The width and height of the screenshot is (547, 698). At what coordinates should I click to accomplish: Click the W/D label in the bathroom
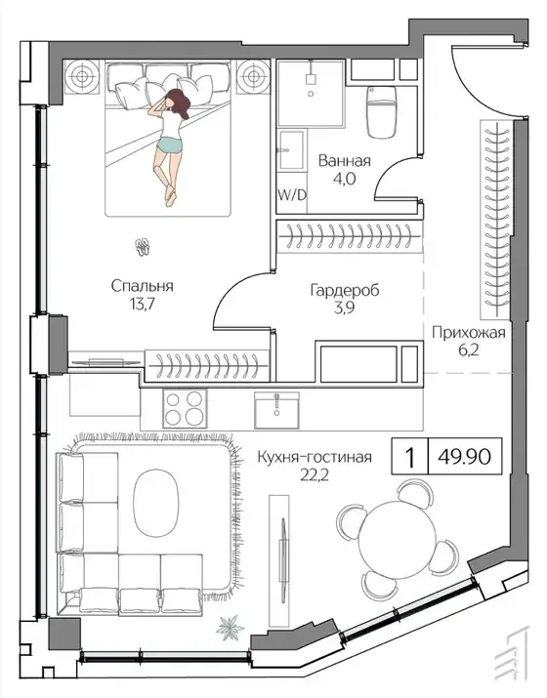pos(292,195)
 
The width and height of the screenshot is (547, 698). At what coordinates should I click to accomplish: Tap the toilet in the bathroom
pos(381,111)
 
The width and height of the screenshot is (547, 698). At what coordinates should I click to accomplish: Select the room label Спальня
pos(142,286)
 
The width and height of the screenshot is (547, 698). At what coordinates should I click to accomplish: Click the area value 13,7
pos(142,305)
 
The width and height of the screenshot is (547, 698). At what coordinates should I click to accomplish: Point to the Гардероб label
pos(345,290)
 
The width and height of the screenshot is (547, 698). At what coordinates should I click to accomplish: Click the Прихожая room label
pos(468,333)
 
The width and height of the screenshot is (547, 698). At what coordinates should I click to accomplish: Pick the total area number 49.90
pos(465,456)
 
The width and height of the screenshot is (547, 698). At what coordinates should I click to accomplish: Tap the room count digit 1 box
pos(410,456)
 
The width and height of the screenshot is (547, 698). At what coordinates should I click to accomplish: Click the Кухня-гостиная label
pos(315,457)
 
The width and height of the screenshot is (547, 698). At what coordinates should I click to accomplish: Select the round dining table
pos(398,539)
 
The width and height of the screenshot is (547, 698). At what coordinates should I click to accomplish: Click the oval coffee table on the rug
pos(156,503)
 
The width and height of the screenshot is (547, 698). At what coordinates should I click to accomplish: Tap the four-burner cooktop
pos(185,409)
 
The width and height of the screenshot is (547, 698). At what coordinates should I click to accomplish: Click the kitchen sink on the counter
pos(276,410)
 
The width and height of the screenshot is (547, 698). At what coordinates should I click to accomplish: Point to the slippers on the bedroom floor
pos(143,247)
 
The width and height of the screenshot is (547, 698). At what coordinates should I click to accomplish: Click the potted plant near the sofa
pos(231,628)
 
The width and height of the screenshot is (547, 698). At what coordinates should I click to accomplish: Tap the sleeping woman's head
pos(175,101)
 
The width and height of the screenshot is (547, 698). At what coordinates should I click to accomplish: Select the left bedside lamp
pos(81,76)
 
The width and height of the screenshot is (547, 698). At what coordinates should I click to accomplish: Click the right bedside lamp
pos(253,76)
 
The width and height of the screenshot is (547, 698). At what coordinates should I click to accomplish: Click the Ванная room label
pos(345,161)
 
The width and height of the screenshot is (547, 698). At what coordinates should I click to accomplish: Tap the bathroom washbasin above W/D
pos(291,150)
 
